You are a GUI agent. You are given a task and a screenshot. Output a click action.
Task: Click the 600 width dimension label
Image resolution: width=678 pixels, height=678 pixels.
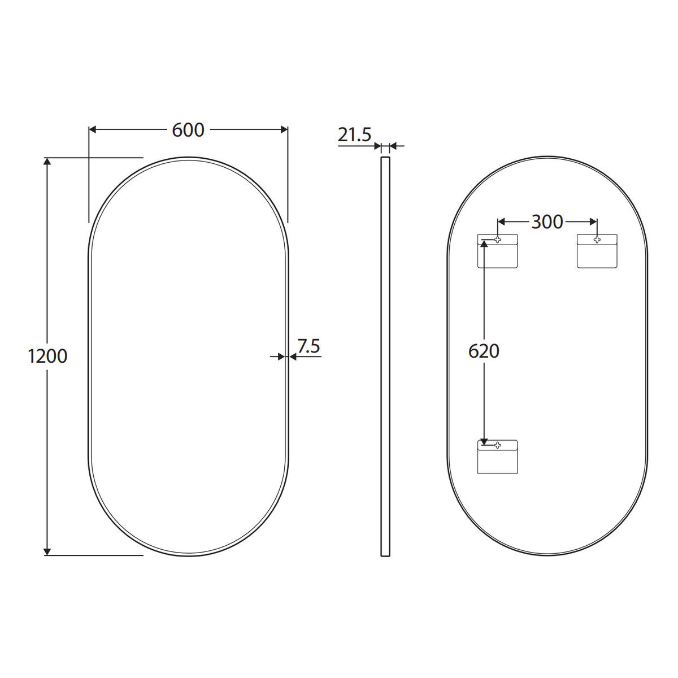188,130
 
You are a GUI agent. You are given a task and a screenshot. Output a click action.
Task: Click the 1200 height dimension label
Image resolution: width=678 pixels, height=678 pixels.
47,356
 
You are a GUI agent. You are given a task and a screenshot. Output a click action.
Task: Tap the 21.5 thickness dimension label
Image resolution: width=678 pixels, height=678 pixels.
354,135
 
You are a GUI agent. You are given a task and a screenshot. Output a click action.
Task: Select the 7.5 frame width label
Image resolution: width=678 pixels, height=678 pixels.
308,346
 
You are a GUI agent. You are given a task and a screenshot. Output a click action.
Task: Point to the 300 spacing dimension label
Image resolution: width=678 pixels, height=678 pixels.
547,222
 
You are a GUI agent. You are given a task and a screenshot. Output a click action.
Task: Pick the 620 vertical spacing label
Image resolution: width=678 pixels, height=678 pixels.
484,351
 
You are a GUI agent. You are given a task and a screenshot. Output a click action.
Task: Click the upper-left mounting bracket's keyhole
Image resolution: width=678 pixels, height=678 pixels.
498,240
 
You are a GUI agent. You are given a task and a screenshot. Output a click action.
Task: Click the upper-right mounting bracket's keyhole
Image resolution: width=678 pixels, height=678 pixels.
597,240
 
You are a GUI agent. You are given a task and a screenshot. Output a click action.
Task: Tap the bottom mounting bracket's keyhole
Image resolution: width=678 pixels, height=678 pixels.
498,445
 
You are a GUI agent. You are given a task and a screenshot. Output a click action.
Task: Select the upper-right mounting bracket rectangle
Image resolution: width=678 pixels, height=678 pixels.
597,251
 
